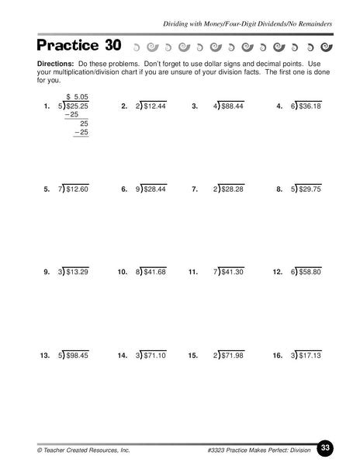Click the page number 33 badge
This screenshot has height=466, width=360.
pos(326,447)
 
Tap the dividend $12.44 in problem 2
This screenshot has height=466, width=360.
pos(155,106)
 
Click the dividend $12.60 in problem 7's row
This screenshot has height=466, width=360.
pos(78,189)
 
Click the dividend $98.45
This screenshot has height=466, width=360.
pos(78,355)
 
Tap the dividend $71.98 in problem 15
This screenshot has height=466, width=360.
pos(233,355)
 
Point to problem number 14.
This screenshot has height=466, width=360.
pos(122,355)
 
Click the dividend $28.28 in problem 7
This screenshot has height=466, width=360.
pos(233,189)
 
